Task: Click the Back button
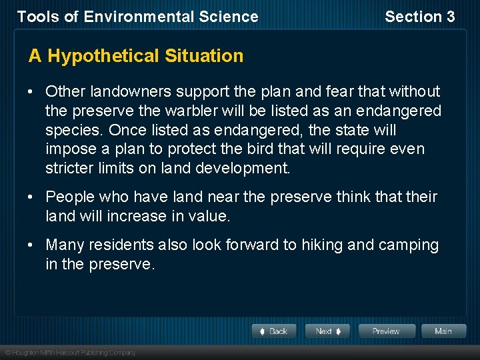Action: [x=273, y=331]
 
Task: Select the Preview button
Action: [x=387, y=331]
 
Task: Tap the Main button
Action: [x=443, y=331]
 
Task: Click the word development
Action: [x=243, y=169]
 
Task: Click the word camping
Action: [x=409, y=245]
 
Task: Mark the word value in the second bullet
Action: [x=209, y=217]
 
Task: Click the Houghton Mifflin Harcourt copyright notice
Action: [x=70, y=352]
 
